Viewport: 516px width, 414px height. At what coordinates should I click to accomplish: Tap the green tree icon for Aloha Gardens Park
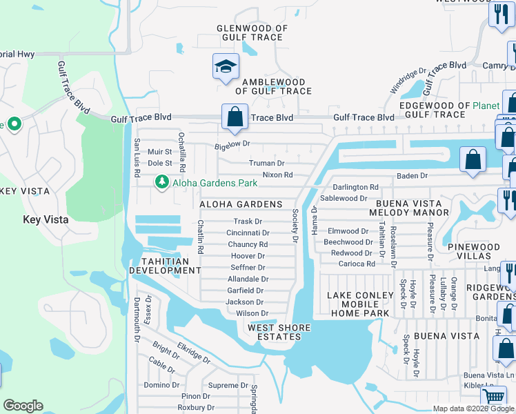[161, 182]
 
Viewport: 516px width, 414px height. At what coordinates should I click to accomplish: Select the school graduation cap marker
[226, 67]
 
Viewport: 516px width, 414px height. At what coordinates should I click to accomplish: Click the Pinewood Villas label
[484, 251]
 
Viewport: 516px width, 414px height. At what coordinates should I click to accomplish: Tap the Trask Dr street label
[248, 221]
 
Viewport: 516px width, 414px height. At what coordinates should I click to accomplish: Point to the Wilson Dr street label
[252, 313]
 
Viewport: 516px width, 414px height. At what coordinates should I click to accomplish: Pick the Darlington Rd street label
[356, 187]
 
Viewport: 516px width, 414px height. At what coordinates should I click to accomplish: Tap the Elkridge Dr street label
[193, 351]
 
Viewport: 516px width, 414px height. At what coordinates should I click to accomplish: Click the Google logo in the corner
[23, 406]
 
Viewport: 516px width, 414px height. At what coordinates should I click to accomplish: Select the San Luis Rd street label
[137, 158]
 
